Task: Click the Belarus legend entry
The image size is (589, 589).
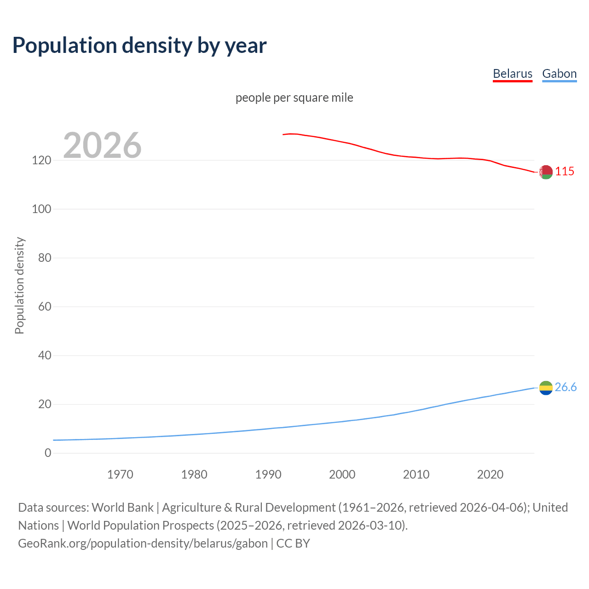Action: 512,74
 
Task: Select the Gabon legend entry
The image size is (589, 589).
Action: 559,74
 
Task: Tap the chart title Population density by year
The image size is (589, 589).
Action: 139,46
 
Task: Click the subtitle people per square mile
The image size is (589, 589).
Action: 294,98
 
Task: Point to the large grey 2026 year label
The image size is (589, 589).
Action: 102,145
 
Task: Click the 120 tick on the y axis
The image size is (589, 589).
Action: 41,160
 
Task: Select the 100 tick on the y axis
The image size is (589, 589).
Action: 41,209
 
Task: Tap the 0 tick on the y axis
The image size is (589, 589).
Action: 48,453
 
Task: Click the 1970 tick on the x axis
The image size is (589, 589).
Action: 120,474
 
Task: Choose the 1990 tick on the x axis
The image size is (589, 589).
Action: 268,474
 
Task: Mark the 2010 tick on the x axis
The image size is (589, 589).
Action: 416,474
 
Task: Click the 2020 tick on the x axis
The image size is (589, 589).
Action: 490,474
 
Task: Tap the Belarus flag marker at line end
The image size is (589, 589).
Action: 546,172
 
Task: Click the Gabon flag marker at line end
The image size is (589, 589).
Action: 546,388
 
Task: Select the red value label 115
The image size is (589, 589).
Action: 565,171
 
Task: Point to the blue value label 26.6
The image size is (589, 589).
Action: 566,387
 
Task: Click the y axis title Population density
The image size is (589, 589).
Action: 19,285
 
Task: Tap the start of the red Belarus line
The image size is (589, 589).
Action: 283,134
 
